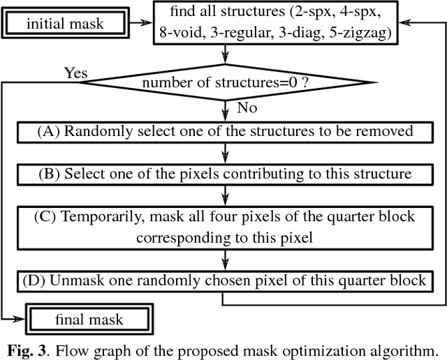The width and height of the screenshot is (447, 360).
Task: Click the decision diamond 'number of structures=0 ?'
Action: (224, 84)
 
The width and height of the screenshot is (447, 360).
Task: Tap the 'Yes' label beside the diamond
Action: (75, 73)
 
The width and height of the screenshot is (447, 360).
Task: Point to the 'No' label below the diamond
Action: (247, 108)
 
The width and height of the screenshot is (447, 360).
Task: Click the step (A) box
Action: (224, 131)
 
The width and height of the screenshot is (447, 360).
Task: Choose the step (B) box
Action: (224, 173)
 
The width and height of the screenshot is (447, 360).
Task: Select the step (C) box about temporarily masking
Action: (224, 227)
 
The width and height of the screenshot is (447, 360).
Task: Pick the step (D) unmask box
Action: (224, 280)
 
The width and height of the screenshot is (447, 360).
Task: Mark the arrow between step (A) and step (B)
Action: (224, 152)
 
